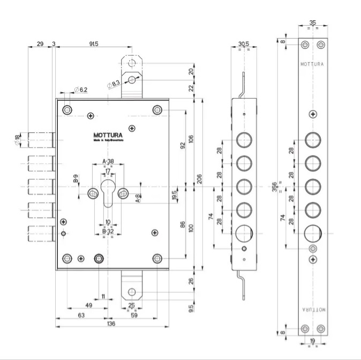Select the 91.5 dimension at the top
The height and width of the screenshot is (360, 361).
[91, 44]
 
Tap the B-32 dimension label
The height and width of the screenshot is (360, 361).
[108, 231]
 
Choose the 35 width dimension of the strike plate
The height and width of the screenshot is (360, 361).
[313, 22]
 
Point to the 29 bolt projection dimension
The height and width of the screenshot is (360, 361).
[41, 44]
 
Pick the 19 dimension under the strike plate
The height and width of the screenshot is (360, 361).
[313, 340]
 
